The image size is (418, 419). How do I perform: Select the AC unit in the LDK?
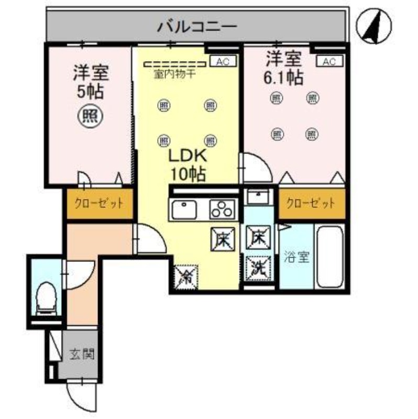223,62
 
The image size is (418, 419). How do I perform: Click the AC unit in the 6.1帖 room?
329,62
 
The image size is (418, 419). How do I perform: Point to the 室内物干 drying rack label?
174,74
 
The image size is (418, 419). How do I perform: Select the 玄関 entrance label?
82,355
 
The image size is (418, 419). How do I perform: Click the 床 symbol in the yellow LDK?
222,239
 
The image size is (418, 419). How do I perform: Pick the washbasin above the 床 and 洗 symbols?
259,197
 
